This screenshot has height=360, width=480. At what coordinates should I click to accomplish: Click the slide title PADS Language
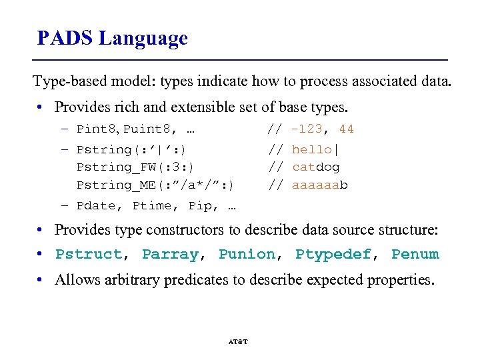(x=112, y=39)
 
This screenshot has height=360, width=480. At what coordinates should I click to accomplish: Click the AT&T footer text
(x=238, y=341)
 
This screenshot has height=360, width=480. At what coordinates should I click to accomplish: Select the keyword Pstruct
(x=89, y=255)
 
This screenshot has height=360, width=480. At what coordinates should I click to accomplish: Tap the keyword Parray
(x=170, y=255)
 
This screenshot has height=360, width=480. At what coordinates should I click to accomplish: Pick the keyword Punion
(x=247, y=255)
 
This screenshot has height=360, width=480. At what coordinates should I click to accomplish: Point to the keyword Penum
(x=415, y=255)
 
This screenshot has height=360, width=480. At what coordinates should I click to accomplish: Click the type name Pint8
(x=97, y=129)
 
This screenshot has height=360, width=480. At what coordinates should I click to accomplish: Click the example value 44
(x=347, y=129)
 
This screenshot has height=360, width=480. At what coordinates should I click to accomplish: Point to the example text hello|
(x=315, y=150)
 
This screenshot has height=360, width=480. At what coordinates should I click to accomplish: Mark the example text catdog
(x=315, y=167)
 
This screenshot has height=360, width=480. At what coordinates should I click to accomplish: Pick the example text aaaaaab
(x=319, y=185)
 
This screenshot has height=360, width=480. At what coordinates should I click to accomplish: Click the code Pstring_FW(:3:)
(x=135, y=167)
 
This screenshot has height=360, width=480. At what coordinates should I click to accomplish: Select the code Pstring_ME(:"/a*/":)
(x=155, y=185)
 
